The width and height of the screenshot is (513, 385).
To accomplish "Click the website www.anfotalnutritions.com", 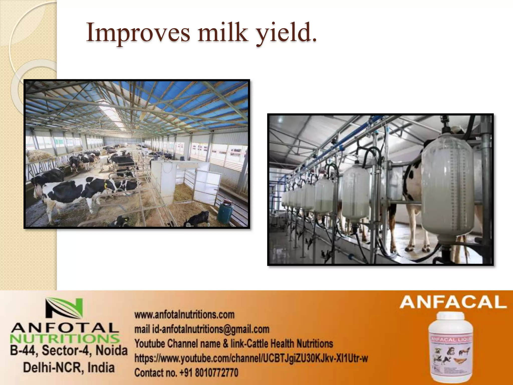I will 184,315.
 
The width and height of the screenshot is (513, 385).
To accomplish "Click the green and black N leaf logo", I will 64,311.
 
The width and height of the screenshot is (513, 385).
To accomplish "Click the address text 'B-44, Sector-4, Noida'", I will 69,350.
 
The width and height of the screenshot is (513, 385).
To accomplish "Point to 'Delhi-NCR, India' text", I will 69,367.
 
